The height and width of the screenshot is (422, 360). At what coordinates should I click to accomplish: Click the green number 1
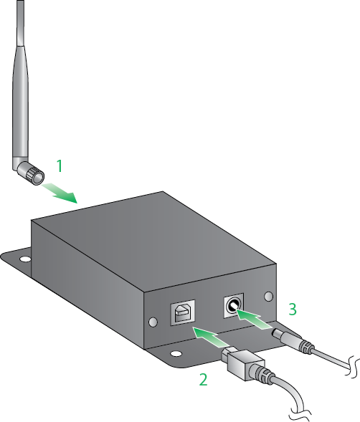(60, 166)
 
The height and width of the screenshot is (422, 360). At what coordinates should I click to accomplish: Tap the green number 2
(203, 379)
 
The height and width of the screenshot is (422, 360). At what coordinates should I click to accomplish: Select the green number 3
(293, 309)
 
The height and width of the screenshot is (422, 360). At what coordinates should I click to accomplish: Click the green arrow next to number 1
(60, 191)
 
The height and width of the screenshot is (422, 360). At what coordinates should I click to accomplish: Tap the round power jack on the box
(233, 307)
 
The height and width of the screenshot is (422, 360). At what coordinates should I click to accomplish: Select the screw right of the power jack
(268, 296)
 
